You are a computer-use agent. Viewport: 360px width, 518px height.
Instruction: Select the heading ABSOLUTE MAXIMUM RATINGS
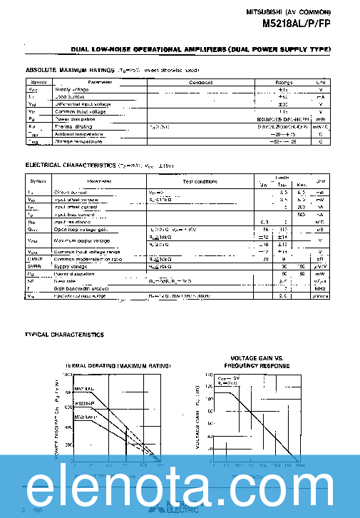69,71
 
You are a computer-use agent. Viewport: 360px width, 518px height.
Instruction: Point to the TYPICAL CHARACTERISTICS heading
64,335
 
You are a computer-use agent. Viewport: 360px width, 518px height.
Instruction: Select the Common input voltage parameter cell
78,112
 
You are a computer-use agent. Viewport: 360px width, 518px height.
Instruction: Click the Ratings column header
284,82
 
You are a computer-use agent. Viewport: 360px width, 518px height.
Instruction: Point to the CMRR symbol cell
32,259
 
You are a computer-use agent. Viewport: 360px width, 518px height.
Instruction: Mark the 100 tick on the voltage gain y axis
209,399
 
